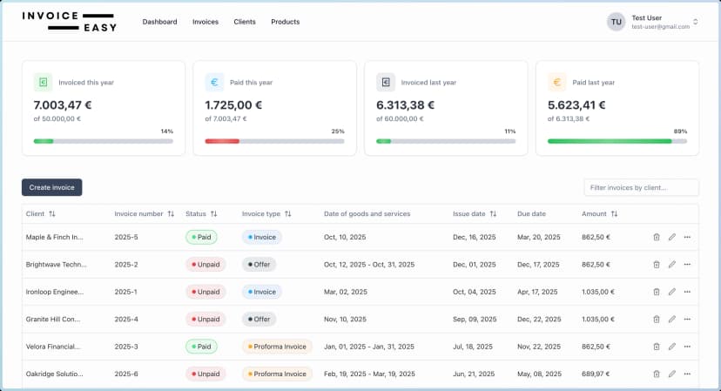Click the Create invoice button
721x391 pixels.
pos(51,187)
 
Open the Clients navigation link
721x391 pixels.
pos(245,22)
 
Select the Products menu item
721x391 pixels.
pos(285,22)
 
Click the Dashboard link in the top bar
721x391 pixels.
pos(159,22)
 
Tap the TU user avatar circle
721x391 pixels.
pos(617,22)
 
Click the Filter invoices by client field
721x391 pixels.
pos(641,187)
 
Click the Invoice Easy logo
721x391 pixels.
pos(70,22)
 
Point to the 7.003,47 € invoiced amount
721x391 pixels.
pos(63,104)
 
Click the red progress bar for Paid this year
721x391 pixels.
pos(222,141)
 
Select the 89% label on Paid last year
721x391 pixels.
pos(680,131)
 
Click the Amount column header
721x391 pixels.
pos(599,213)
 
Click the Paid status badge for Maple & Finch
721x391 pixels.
pos(201,237)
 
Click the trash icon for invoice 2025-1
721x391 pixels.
pos(657,292)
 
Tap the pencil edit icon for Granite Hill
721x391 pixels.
pos(671,320)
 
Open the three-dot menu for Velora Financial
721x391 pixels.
pos(687,347)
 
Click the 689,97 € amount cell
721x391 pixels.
pos(596,374)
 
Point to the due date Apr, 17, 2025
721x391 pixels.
pos(537,292)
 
